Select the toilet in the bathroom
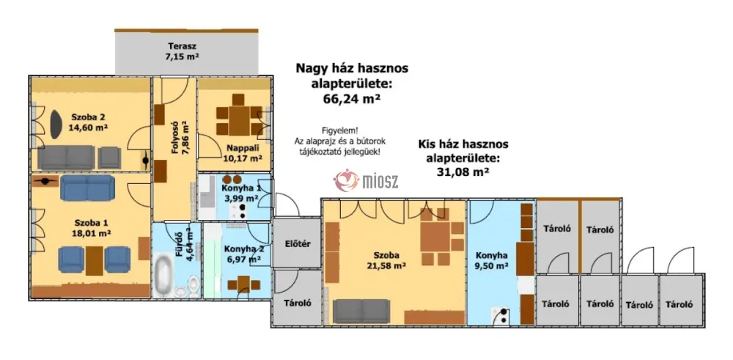coord(193,285)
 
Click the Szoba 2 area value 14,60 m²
coord(89,127)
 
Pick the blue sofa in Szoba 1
coord(87,188)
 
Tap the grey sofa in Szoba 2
coord(67,158)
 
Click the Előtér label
coord(298,243)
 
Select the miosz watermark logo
coord(366,180)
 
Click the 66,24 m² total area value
coord(351,99)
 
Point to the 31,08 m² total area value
coord(463,172)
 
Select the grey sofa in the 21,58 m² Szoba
coord(361,311)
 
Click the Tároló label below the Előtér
coord(298,303)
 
